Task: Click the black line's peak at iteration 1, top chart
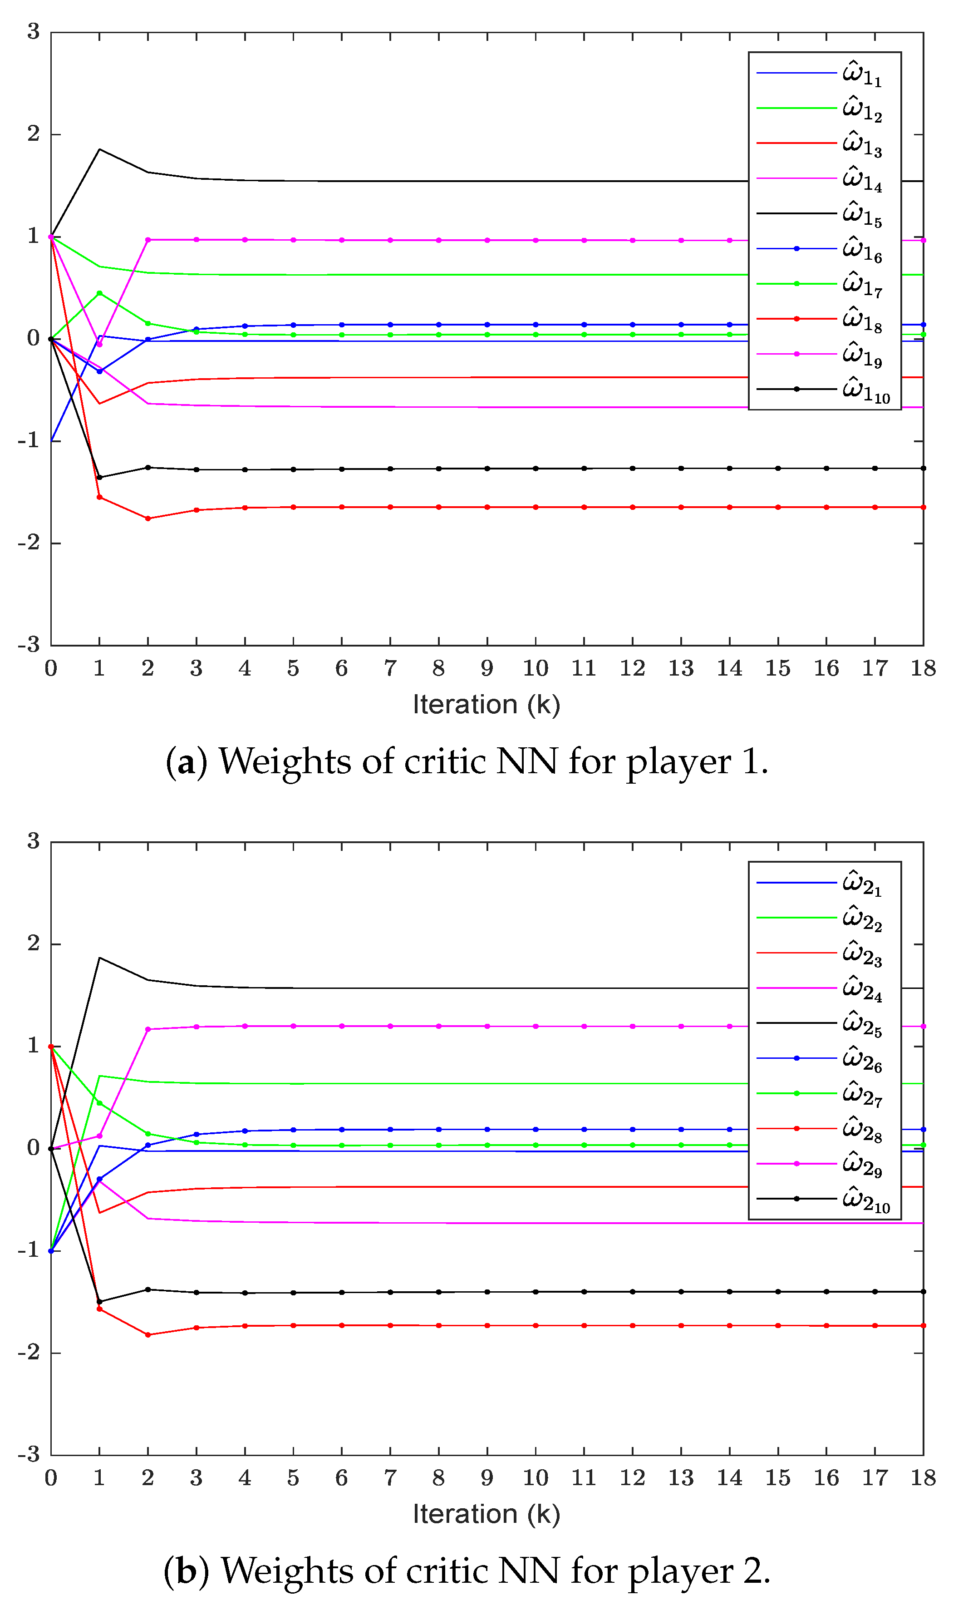point(99,149)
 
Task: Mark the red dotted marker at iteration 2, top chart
point(148,519)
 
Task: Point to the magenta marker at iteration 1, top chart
point(99,344)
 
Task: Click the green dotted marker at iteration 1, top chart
point(99,293)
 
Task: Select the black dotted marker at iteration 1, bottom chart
point(99,1302)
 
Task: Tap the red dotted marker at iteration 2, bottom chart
point(148,1335)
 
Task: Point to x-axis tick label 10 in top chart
point(536,668)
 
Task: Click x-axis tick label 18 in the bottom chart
point(923,1478)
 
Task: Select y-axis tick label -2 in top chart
point(29,543)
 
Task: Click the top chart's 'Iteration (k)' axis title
point(486,704)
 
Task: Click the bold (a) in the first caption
point(186,761)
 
